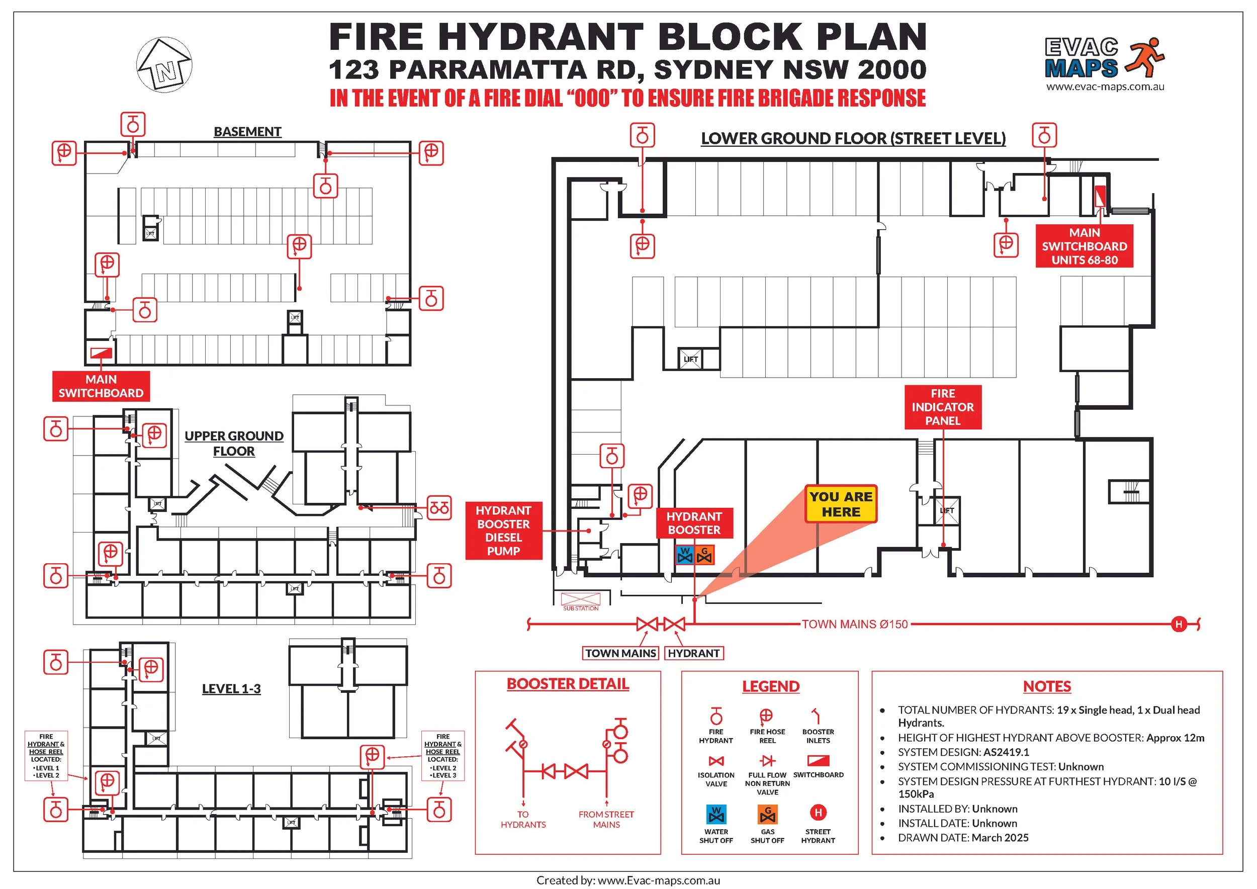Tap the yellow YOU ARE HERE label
point(840,504)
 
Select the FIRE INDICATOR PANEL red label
point(942,407)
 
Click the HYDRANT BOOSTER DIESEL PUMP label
point(503,530)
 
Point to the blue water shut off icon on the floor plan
point(685,555)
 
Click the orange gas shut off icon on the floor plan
point(705,555)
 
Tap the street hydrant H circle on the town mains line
point(1179,624)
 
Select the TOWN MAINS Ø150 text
point(855,624)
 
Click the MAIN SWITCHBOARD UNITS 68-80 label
point(1084,246)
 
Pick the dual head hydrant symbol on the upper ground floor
point(439,508)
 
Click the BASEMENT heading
point(247,132)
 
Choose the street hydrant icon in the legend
point(818,813)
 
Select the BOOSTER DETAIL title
point(568,684)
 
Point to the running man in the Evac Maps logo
point(1144,56)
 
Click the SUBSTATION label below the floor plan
point(581,608)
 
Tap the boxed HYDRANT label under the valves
point(694,653)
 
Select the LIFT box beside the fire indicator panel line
point(947,511)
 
